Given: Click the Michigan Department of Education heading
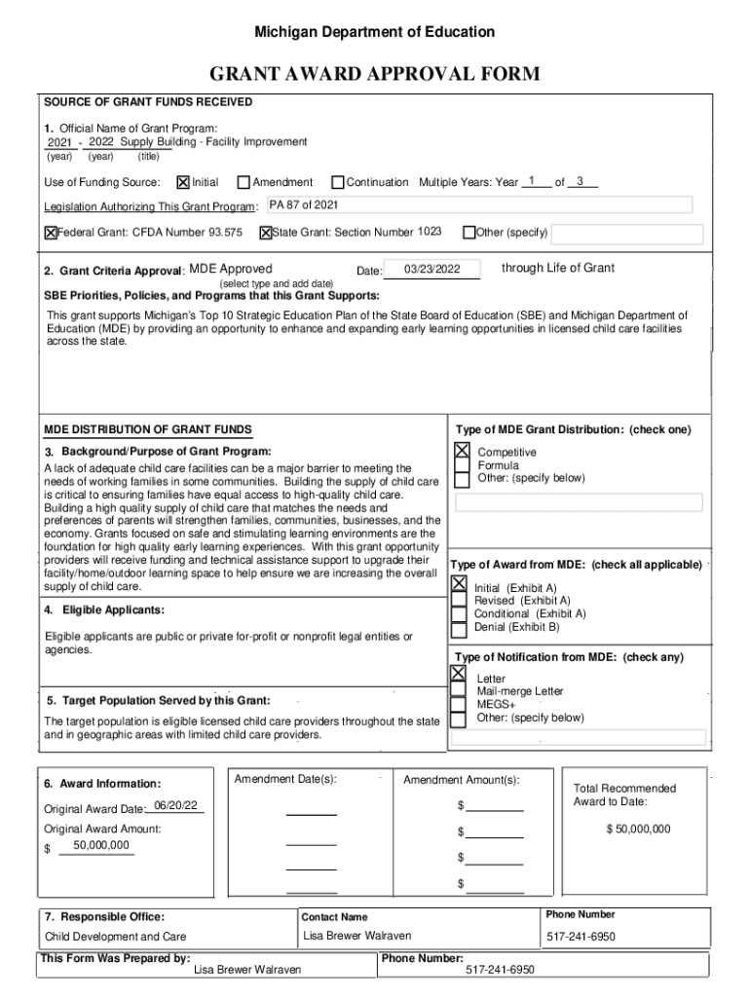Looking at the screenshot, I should [x=375, y=32].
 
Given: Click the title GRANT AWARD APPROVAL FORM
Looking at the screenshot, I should [x=375, y=75].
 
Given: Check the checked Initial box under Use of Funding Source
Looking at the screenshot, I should [x=183, y=182].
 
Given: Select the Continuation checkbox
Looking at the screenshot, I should [x=338, y=182].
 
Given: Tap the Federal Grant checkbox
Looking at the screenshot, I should [x=51, y=233].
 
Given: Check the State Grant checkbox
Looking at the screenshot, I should [x=265, y=233].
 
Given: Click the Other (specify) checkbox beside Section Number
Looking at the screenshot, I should [x=469, y=233].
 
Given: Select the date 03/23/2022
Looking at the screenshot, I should [x=431, y=270].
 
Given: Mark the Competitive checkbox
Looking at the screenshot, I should [x=462, y=451].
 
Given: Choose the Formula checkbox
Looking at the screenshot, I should [x=462, y=465].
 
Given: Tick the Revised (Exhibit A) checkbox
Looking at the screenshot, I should [x=459, y=601].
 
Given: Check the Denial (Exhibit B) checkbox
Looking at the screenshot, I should [x=459, y=628].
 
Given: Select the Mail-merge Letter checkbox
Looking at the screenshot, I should [x=458, y=690].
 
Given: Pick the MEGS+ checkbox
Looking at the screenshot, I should [x=458, y=704].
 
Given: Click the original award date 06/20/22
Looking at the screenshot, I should [x=176, y=807].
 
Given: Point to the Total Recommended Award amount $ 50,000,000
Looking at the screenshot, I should [x=638, y=829].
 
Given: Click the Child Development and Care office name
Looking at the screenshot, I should [x=116, y=937].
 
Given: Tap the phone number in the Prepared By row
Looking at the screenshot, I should [x=500, y=970].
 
